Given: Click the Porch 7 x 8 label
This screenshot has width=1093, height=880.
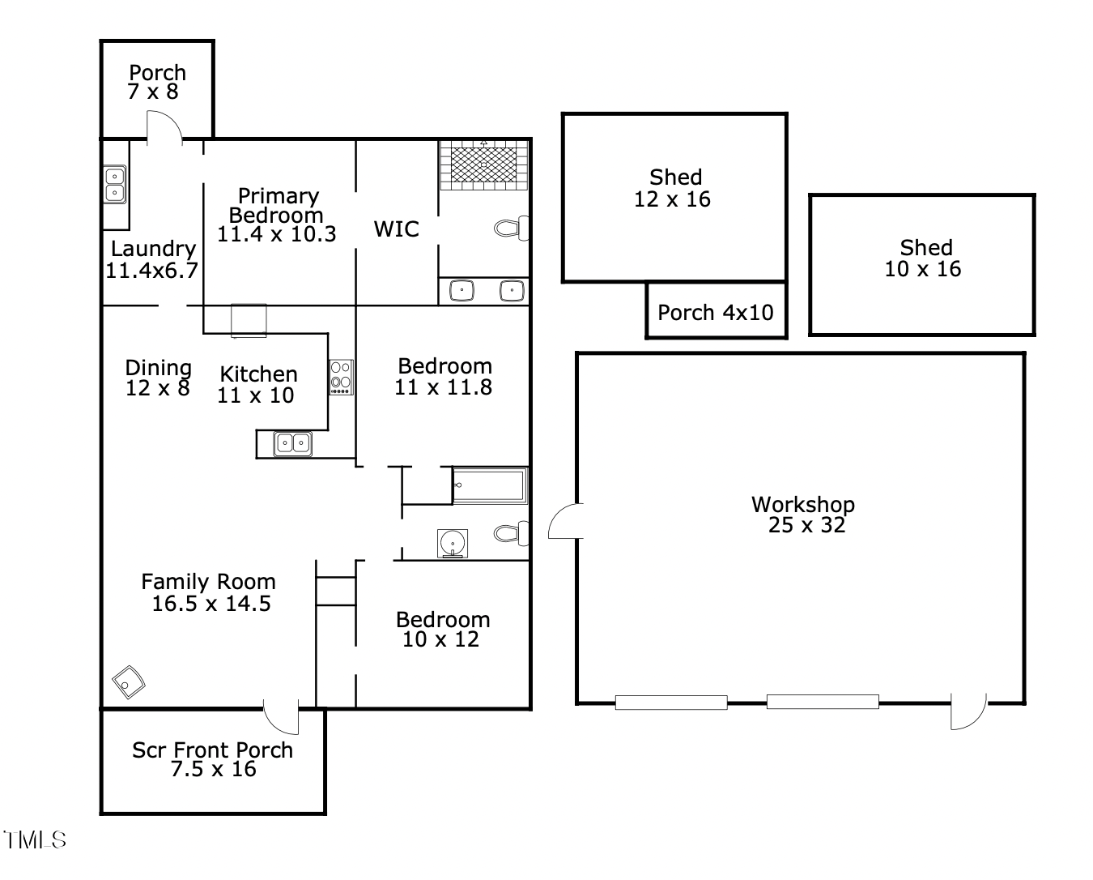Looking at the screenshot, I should [x=156, y=82].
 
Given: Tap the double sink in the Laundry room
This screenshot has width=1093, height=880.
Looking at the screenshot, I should [x=114, y=184].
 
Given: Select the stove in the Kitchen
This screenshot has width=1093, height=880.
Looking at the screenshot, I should [x=341, y=377].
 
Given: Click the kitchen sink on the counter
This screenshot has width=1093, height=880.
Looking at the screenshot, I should [x=292, y=443].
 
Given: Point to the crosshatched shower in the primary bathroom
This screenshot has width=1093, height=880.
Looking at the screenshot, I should [x=483, y=164].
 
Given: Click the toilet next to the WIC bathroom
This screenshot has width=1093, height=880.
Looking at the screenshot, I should [x=511, y=229].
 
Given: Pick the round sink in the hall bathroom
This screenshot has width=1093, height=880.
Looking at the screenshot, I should [x=452, y=543].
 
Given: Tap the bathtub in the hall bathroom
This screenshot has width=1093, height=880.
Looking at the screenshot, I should [x=489, y=485].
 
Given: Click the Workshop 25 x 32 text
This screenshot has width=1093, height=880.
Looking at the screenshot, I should [x=803, y=515].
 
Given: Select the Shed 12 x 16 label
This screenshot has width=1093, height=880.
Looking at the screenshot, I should [x=674, y=188].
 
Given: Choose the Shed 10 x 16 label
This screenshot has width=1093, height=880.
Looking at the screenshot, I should [x=924, y=258].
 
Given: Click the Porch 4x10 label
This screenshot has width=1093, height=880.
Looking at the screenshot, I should [x=715, y=312].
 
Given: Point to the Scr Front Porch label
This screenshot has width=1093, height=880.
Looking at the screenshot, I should [x=212, y=759].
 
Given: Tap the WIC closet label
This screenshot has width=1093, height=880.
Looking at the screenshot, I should [x=396, y=229].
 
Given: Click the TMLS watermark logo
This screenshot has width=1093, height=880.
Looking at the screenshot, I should [x=34, y=839].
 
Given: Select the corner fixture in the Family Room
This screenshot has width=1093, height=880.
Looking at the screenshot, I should [x=128, y=682].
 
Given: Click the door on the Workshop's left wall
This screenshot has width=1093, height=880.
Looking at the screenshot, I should [x=566, y=521].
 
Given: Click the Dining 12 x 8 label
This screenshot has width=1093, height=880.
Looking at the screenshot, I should [x=158, y=378].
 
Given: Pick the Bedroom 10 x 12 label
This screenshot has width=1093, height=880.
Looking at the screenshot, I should [x=442, y=630].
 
